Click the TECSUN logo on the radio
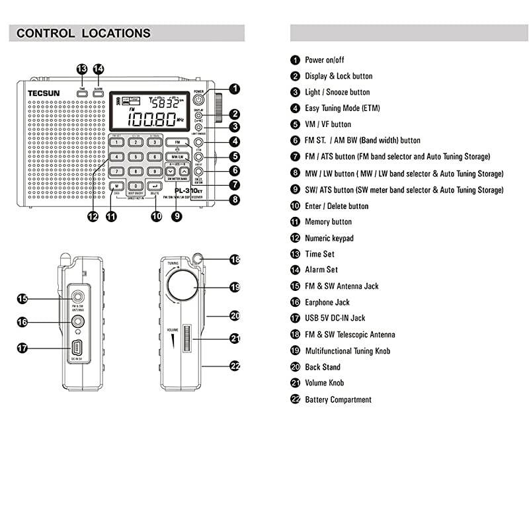click(x=43, y=93)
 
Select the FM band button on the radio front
click(x=177, y=142)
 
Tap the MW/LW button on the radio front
click(x=176, y=157)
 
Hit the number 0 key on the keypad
click(x=135, y=186)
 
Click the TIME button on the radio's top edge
click(x=82, y=93)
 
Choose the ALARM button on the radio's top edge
click(x=98, y=93)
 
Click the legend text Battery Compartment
click(x=338, y=399)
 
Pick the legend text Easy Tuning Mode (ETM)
click(x=342, y=108)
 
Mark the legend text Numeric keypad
click(x=329, y=238)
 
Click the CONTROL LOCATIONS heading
click(x=83, y=33)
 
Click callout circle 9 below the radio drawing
click(x=177, y=215)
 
